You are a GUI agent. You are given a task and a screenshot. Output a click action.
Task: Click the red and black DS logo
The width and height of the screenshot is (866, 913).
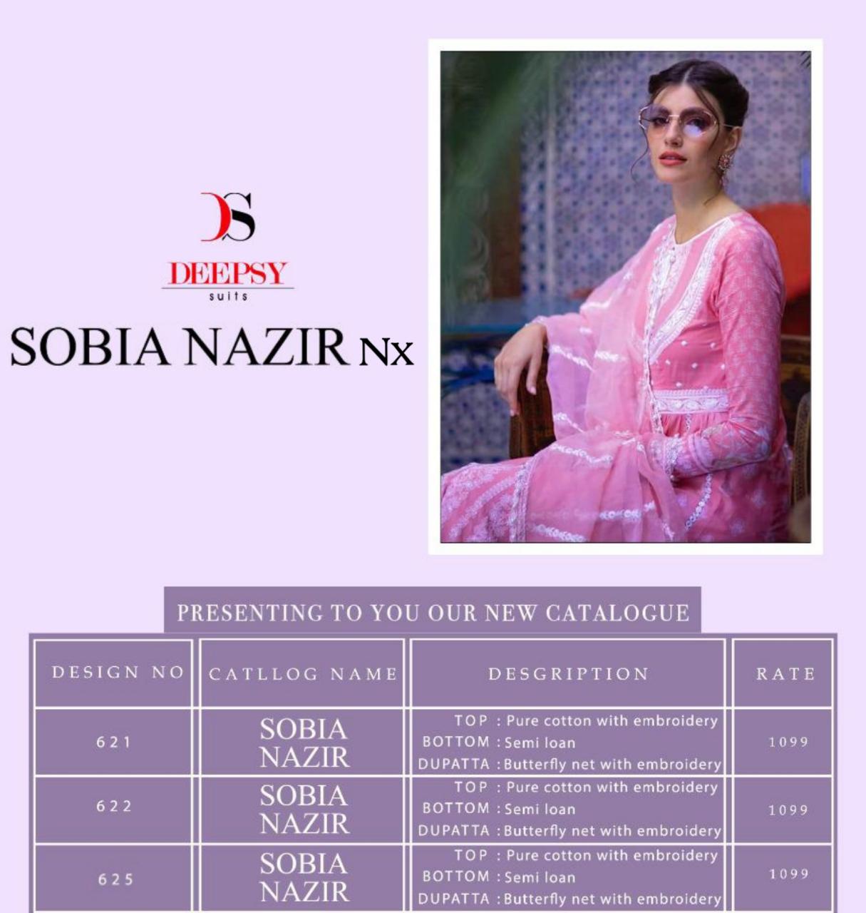point(228,217)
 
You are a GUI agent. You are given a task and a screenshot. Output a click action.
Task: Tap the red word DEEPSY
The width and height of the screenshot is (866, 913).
point(227,274)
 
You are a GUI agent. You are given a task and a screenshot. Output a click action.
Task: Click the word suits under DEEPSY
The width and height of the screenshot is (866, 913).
point(228,296)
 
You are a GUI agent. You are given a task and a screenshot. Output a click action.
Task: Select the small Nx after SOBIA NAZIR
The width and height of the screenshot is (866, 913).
point(385,352)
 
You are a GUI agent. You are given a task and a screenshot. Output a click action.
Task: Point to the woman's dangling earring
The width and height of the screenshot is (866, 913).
point(725,168)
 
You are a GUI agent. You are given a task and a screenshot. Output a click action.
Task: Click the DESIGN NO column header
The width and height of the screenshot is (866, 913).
point(118,673)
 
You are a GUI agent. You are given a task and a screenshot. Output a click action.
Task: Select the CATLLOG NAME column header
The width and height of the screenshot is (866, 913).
point(303,674)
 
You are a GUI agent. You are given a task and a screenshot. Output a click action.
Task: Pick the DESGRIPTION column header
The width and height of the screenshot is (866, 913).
point(568,674)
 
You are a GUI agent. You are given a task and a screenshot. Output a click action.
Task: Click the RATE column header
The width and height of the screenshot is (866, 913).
point(785,674)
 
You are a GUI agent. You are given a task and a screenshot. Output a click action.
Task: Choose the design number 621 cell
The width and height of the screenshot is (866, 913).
point(114,742)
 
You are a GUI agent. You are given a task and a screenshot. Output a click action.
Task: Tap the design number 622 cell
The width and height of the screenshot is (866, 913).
point(114,807)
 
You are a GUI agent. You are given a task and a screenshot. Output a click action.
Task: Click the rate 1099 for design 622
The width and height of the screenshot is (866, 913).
point(788,810)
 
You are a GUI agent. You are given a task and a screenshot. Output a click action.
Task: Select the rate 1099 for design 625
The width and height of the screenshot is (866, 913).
point(788,874)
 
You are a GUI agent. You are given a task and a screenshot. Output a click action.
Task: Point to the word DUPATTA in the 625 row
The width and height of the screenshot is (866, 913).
point(454,899)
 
